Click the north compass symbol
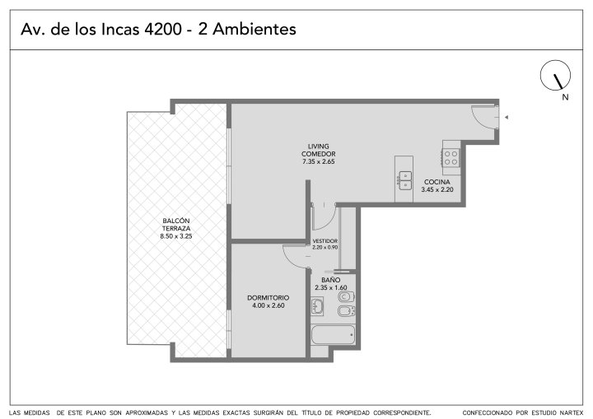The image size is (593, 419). pos(555,75)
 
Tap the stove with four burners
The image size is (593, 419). pos(451,158)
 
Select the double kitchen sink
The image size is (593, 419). pos(405,180)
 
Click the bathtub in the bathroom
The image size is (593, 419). pos(333,335)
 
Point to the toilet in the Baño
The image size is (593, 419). pos(346,296)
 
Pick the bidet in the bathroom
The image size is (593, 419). pos(346,311)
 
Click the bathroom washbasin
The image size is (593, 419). pos(317,306)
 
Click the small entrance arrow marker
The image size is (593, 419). pos(506,117)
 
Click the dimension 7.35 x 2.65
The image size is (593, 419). pos(319,162)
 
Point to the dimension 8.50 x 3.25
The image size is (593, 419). pos(176,236)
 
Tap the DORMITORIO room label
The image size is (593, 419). pos(268,298)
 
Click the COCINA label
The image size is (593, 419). pos(437,182)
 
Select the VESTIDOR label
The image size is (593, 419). pos(325,241)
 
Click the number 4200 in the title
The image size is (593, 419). pos(163,29)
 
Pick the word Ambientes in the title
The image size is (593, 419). pos(254,29)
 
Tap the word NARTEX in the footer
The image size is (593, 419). pos(572,412)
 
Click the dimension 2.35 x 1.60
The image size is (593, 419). pos(331,288)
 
